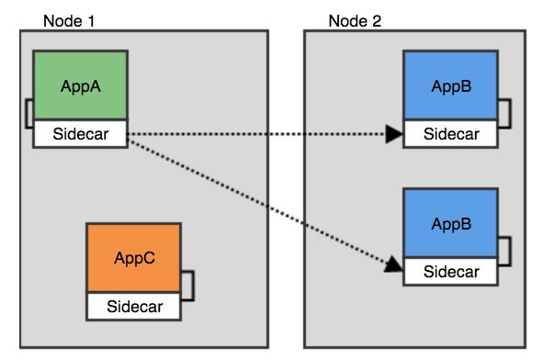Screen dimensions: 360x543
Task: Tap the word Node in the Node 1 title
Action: point(62,19)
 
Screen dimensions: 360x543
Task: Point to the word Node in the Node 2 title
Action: point(346,19)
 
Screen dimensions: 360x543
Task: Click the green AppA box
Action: point(80,86)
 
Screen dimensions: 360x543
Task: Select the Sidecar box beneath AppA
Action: point(80,134)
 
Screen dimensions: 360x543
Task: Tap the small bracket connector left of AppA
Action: point(29,112)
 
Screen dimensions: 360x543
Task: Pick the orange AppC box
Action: point(133,258)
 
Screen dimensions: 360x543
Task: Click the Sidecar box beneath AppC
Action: point(133,306)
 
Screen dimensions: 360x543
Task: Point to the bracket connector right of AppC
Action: point(187,285)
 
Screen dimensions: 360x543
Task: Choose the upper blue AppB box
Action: point(451,86)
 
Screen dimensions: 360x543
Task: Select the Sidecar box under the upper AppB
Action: point(451,134)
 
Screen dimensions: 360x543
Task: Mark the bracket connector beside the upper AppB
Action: point(503,112)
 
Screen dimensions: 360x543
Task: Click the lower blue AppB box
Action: point(451,223)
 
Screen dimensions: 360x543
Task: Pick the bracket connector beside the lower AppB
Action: point(503,250)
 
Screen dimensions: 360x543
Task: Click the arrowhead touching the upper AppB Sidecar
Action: point(394,135)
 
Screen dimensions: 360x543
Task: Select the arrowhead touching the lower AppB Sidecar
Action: point(393,265)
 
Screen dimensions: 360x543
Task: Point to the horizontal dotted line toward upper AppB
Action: point(257,135)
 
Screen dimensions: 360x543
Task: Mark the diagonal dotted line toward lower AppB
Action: point(257,201)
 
